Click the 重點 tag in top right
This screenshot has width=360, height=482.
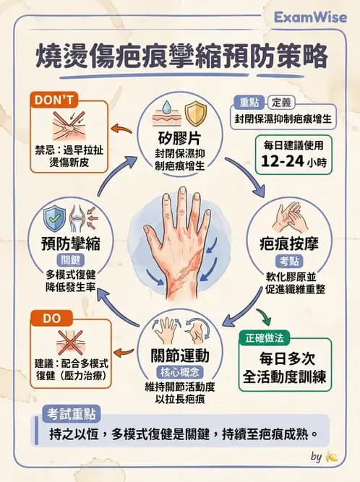(x=249, y=103)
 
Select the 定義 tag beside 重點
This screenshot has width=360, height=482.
(x=280, y=103)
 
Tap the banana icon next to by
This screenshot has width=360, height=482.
(x=333, y=457)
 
